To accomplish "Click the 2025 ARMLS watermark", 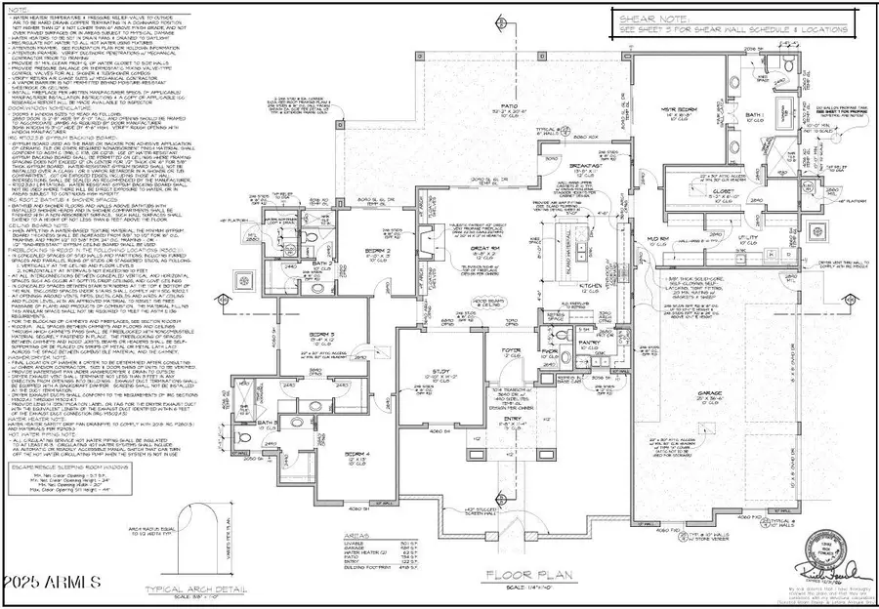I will click(x=54, y=582).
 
